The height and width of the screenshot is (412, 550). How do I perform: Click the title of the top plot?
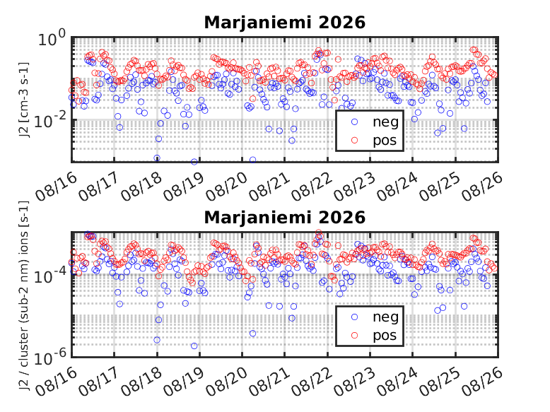[284, 23]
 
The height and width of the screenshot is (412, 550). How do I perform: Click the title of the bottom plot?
[284, 218]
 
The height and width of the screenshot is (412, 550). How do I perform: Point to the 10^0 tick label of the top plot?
[52, 38]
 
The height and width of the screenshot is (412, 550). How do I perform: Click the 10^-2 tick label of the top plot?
[49, 121]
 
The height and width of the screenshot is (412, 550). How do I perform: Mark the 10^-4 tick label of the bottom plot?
[49, 276]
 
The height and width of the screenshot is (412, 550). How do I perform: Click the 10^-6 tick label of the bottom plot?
[49, 358]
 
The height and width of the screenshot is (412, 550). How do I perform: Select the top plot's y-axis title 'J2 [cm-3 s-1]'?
[24, 100]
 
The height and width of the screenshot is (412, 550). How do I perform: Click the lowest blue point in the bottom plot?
[194, 346]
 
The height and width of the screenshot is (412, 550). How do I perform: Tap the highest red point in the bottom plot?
[319, 233]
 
